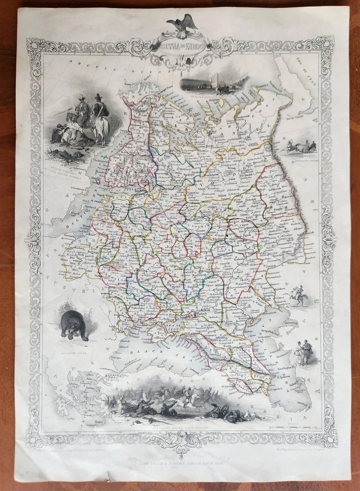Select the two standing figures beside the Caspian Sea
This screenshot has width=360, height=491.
click(304, 353)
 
